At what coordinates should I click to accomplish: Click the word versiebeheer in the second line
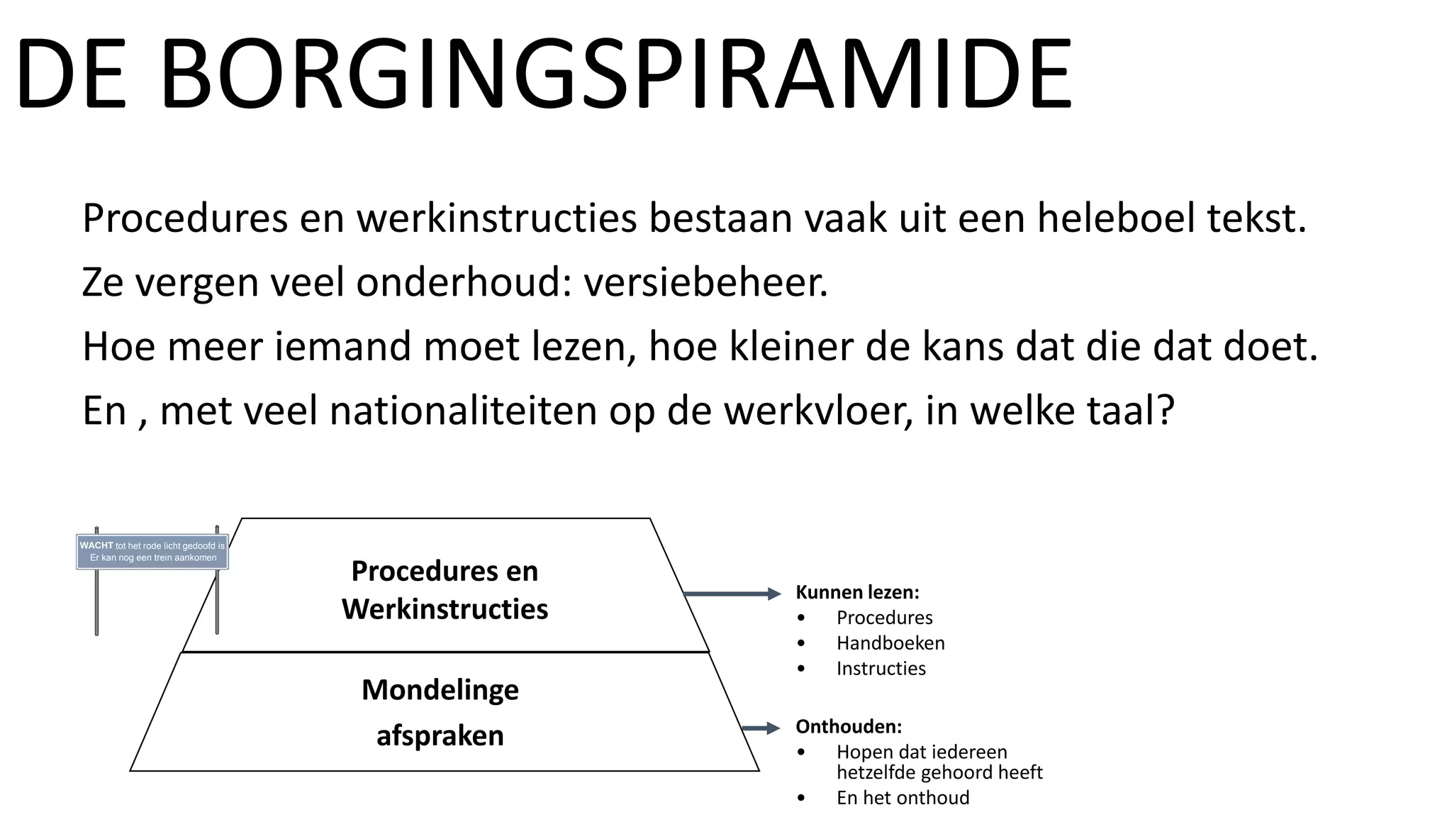tap(705, 282)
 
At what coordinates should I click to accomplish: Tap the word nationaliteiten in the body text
tap(463, 411)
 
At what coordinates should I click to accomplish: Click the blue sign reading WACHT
tap(152, 552)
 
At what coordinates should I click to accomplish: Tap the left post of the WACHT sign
tap(96, 603)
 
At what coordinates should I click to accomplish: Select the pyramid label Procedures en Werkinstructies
tap(445, 590)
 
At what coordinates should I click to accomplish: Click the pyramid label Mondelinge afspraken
tap(440, 712)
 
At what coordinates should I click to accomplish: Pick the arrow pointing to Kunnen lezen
tap(730, 594)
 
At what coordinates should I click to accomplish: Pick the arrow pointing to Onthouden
tap(760, 728)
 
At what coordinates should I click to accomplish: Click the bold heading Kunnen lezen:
tap(856, 592)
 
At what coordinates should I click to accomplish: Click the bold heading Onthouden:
tap(848, 727)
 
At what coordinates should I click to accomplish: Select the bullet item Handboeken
tap(890, 643)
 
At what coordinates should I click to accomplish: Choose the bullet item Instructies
tap(881, 669)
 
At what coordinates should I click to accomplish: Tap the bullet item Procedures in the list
tap(884, 618)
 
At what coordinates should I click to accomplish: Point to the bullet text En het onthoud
tap(903, 798)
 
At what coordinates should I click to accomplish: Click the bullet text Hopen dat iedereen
tap(921, 752)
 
